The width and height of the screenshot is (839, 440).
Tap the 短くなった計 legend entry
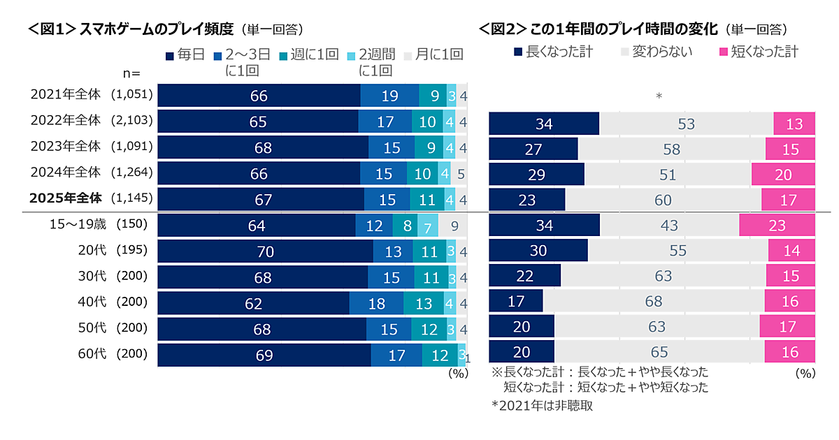[759, 51]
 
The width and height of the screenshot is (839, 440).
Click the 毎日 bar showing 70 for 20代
[265, 251]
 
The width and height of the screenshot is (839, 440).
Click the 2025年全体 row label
[66, 199]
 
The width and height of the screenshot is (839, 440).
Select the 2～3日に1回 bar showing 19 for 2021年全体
[389, 96]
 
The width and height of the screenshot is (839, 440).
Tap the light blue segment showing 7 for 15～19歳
[426, 226]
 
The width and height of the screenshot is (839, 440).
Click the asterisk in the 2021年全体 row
[658, 96]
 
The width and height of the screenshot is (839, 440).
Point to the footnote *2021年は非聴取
[542, 406]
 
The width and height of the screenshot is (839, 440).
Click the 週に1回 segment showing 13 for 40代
[423, 303]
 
